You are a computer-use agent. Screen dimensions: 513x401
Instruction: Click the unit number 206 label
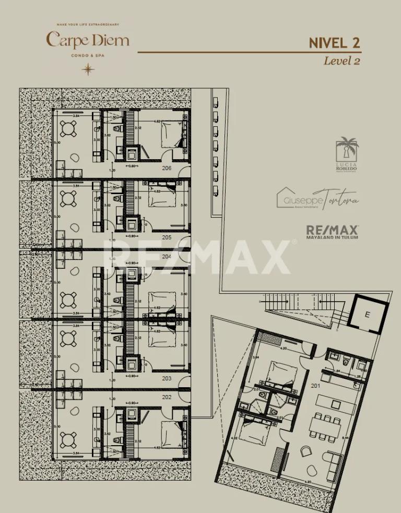click(167, 168)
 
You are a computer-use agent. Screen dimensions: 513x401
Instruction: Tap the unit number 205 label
click(167, 237)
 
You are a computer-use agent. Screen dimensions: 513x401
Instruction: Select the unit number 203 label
click(167, 378)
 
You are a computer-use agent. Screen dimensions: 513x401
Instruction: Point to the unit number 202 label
click(167, 397)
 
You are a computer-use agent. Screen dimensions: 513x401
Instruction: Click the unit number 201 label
click(315, 386)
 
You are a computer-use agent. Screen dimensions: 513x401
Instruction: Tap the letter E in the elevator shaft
click(368, 315)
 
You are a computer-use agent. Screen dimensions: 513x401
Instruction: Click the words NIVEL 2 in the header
click(334, 43)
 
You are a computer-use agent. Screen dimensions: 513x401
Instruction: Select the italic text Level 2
click(342, 61)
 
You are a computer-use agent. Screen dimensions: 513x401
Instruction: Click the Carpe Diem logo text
click(87, 40)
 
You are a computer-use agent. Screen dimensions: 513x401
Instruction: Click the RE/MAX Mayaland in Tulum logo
click(332, 231)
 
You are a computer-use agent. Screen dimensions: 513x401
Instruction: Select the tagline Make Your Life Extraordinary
click(88, 25)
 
